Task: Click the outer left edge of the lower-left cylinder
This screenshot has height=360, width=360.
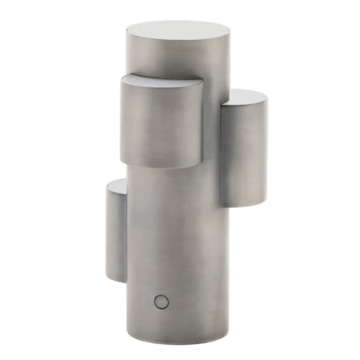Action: (105, 232)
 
